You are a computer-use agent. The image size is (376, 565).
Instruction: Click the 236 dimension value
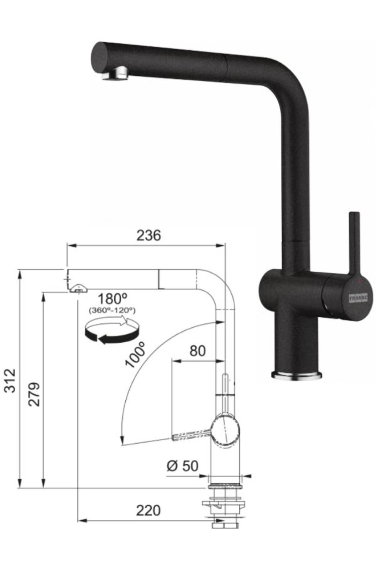[149, 235]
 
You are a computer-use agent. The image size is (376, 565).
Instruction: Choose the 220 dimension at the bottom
[148, 511]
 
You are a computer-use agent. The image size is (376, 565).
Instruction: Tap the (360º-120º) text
[112, 310]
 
